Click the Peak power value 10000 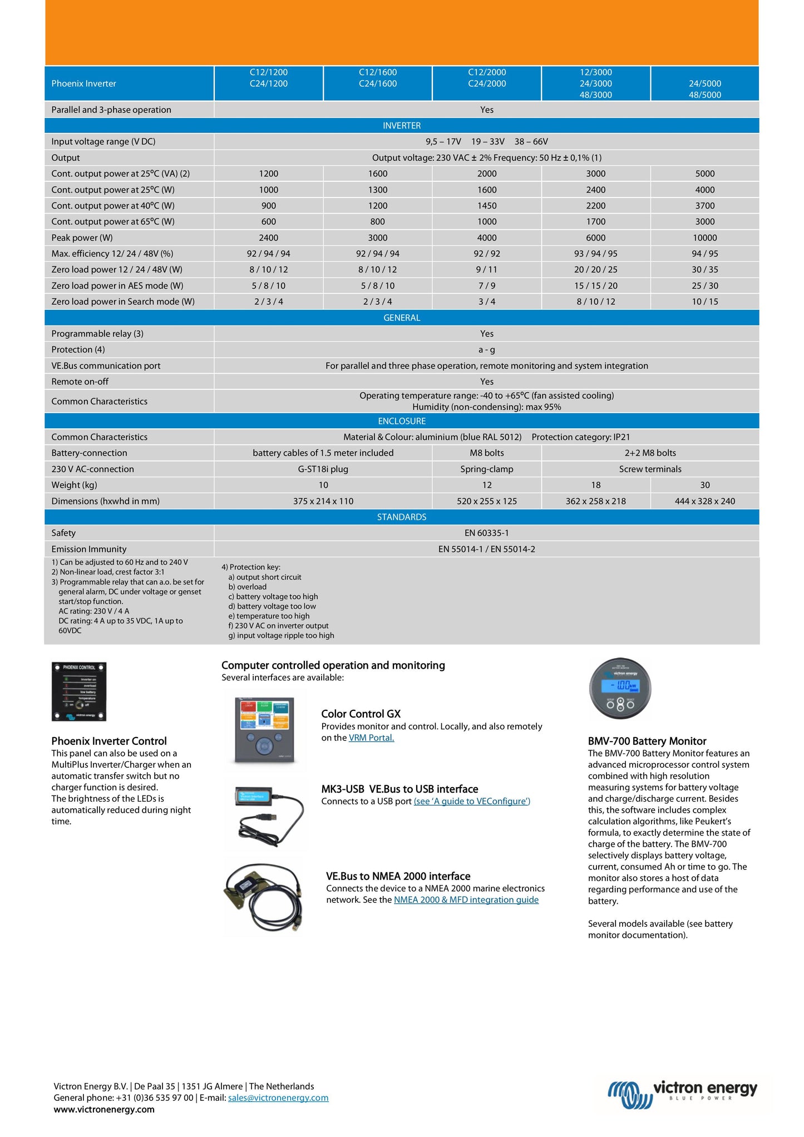coord(704,238)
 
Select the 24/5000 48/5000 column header coord(704,89)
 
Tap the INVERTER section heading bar coord(402,126)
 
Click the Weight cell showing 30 coord(704,485)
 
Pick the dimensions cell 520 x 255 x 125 coord(486,501)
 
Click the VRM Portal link coord(371,738)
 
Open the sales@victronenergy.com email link coord(278,1098)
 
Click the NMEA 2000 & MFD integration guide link coord(466,899)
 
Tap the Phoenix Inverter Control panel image coord(79,691)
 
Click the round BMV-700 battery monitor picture coord(620,689)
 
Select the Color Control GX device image coord(265,730)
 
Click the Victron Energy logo coord(682,1094)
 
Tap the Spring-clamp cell coord(486,469)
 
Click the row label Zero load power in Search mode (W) coord(123,301)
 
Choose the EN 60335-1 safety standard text coord(486,533)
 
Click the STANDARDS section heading coord(402,517)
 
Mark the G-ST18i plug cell coord(323,469)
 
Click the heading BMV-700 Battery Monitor coord(647,741)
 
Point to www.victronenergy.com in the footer coord(104,1109)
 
